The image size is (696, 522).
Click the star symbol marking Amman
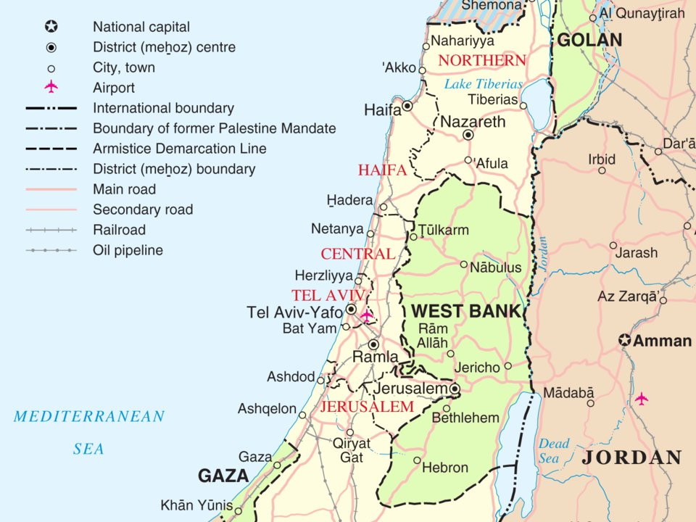[625, 340]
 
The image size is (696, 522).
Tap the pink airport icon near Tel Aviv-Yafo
[366, 315]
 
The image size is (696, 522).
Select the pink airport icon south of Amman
[641, 398]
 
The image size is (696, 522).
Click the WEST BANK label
[465, 312]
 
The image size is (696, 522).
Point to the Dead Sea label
[554, 451]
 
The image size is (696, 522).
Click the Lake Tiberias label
[483, 84]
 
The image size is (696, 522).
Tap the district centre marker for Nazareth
[468, 135]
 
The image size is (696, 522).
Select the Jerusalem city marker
[455, 390]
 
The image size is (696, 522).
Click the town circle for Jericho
[507, 366]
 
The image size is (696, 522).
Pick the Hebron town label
[444, 468]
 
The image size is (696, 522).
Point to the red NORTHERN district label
[481, 60]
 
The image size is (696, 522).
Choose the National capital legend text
[141, 28]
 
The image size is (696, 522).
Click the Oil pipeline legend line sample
[51, 250]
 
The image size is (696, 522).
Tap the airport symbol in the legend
[51, 88]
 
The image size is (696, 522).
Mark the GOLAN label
[589, 40]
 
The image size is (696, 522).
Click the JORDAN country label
[631, 457]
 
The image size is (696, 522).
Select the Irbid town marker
[602, 170]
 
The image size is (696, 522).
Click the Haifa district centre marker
[407, 106]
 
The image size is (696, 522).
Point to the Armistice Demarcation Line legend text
[180, 149]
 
